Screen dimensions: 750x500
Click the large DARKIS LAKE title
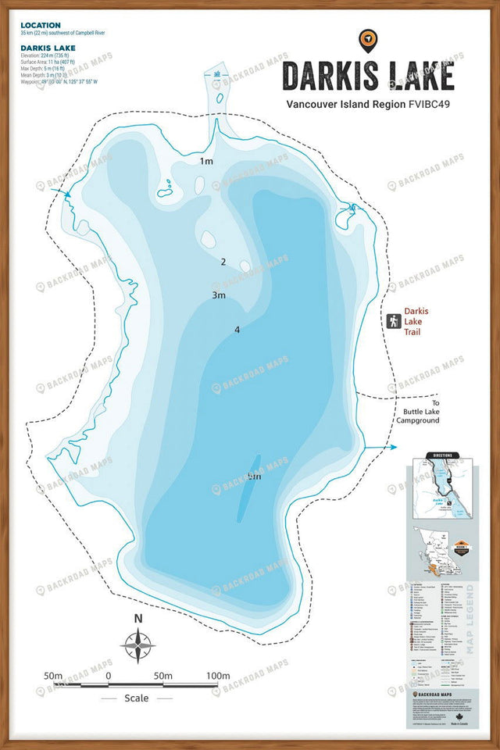pos(367,76)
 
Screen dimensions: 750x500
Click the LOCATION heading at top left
pos(41,26)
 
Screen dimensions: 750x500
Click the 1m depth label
pos(206,161)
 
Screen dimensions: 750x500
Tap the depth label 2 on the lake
pos(223,262)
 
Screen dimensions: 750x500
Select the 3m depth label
pos(219,295)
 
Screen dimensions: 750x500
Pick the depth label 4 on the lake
pos(237,330)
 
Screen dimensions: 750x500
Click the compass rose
pos(138,647)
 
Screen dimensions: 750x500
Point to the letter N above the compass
pos(138,619)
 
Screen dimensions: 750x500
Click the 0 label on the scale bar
pos(108,675)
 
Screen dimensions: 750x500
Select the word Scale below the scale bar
pos(136,698)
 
